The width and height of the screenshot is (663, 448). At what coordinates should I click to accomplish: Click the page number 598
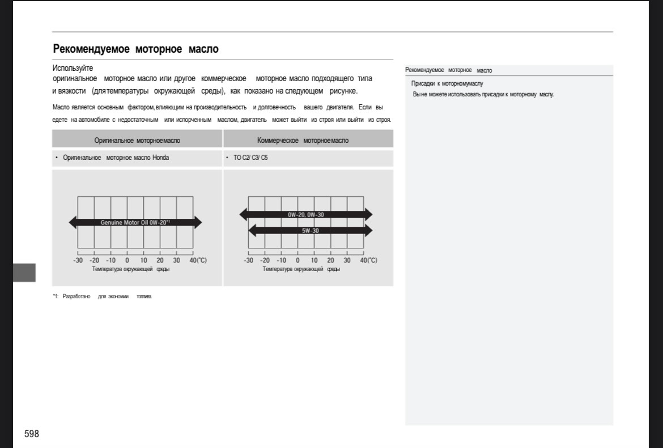point(31,434)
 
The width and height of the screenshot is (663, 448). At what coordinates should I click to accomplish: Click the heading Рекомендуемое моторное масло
point(135,49)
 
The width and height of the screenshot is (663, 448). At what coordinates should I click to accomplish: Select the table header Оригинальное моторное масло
point(137,140)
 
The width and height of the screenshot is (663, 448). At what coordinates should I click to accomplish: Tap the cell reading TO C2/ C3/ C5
point(251,158)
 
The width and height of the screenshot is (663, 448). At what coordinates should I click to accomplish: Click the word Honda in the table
point(160,158)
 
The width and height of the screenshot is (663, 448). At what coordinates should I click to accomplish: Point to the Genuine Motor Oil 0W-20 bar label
point(135,222)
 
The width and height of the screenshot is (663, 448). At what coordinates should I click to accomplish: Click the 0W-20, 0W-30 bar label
point(305,215)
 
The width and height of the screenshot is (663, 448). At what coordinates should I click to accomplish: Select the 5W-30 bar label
point(310,231)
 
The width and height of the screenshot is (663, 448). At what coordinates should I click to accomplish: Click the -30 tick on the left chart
point(78,260)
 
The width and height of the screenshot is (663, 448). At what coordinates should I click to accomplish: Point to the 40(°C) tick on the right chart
point(368,260)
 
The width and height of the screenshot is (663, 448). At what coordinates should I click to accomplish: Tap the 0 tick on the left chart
point(127,260)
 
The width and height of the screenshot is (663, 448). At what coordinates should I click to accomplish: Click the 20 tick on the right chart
point(331,260)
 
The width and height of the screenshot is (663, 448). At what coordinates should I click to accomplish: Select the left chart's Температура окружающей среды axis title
point(131,269)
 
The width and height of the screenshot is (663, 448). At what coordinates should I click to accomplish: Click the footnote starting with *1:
point(103,296)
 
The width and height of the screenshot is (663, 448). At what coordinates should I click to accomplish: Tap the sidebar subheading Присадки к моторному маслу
point(447,83)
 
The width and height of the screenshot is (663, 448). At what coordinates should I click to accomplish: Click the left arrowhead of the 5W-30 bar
point(253,231)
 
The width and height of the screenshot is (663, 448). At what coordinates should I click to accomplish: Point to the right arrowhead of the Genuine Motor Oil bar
point(197,222)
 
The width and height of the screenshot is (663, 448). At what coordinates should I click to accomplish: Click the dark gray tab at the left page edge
point(24,272)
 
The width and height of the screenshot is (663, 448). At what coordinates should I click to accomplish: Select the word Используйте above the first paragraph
point(73,68)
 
